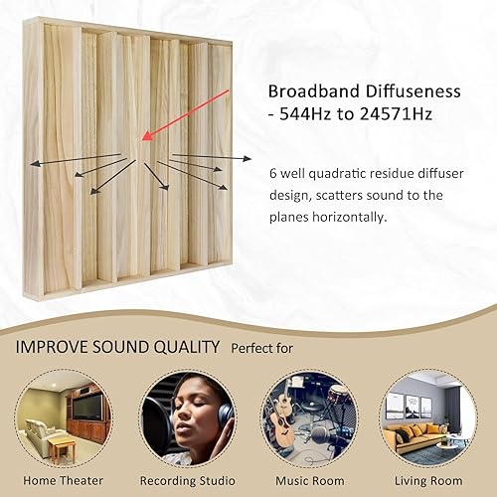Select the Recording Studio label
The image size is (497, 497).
click(187, 481)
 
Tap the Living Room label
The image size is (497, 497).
click(434, 481)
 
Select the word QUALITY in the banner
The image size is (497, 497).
click(183, 348)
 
